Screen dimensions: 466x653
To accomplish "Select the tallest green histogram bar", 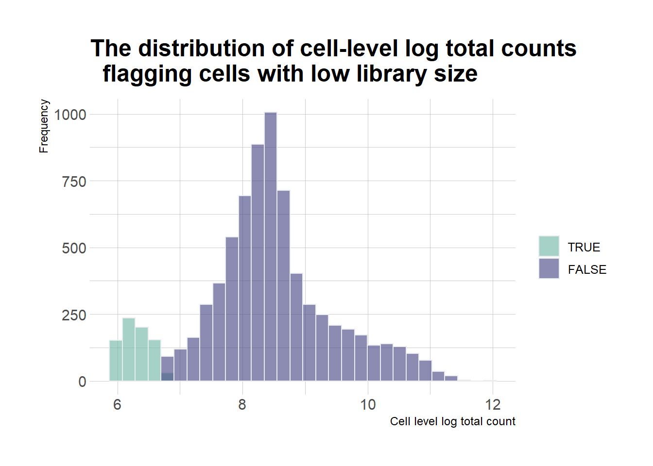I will pyautogui.click(x=129, y=349).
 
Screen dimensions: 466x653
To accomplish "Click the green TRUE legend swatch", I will pyautogui.click(x=549, y=246).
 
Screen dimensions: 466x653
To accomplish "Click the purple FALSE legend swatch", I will pyautogui.click(x=549, y=268).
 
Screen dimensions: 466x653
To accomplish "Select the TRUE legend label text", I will pyautogui.click(x=584, y=247).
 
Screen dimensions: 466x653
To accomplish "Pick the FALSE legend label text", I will pyautogui.click(x=587, y=269).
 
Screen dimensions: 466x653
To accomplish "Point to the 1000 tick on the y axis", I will pyautogui.click(x=70, y=115).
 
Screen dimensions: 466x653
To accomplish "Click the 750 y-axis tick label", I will pyautogui.click(x=74, y=182).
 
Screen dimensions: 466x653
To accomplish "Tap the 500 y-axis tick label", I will pyautogui.click(x=74, y=248).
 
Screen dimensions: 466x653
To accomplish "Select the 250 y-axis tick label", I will pyautogui.click(x=74, y=315).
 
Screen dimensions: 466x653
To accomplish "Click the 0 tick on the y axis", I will pyautogui.click(x=82, y=382).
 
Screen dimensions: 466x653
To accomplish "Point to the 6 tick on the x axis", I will pyautogui.click(x=117, y=405).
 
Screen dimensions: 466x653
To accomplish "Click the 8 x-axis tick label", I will pyautogui.click(x=242, y=405).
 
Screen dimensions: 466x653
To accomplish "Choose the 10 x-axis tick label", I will pyautogui.click(x=368, y=405).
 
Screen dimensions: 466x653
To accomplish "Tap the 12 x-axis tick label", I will pyautogui.click(x=493, y=405).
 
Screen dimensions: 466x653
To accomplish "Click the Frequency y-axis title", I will pyautogui.click(x=44, y=126).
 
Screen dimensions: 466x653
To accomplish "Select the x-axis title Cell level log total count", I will pyautogui.click(x=452, y=421).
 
